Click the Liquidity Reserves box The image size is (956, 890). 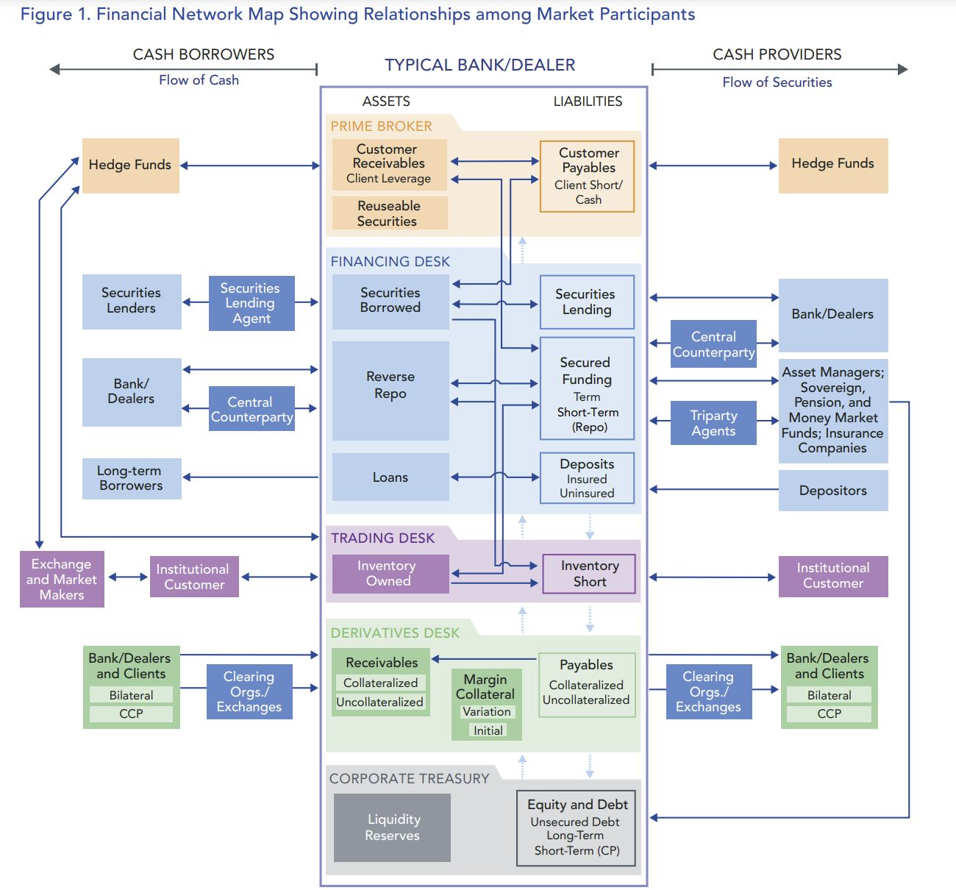(392, 827)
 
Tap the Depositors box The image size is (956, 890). (832, 491)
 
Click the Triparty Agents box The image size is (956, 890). (713, 423)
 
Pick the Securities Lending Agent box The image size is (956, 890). (251, 303)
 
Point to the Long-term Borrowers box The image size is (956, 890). (131, 478)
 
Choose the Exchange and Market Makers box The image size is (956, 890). (62, 579)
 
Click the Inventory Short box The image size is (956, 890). (589, 574)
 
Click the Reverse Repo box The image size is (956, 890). (390, 390)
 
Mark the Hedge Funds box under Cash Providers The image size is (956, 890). (832, 165)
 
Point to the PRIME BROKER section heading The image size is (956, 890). (381, 127)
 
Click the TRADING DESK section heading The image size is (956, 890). (382, 538)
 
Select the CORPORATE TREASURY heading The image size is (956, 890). (409, 778)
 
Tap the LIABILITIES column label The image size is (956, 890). (588, 102)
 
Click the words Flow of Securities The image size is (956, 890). (777, 82)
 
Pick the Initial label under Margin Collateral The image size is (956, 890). (488, 730)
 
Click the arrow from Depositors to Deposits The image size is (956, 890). (713, 489)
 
